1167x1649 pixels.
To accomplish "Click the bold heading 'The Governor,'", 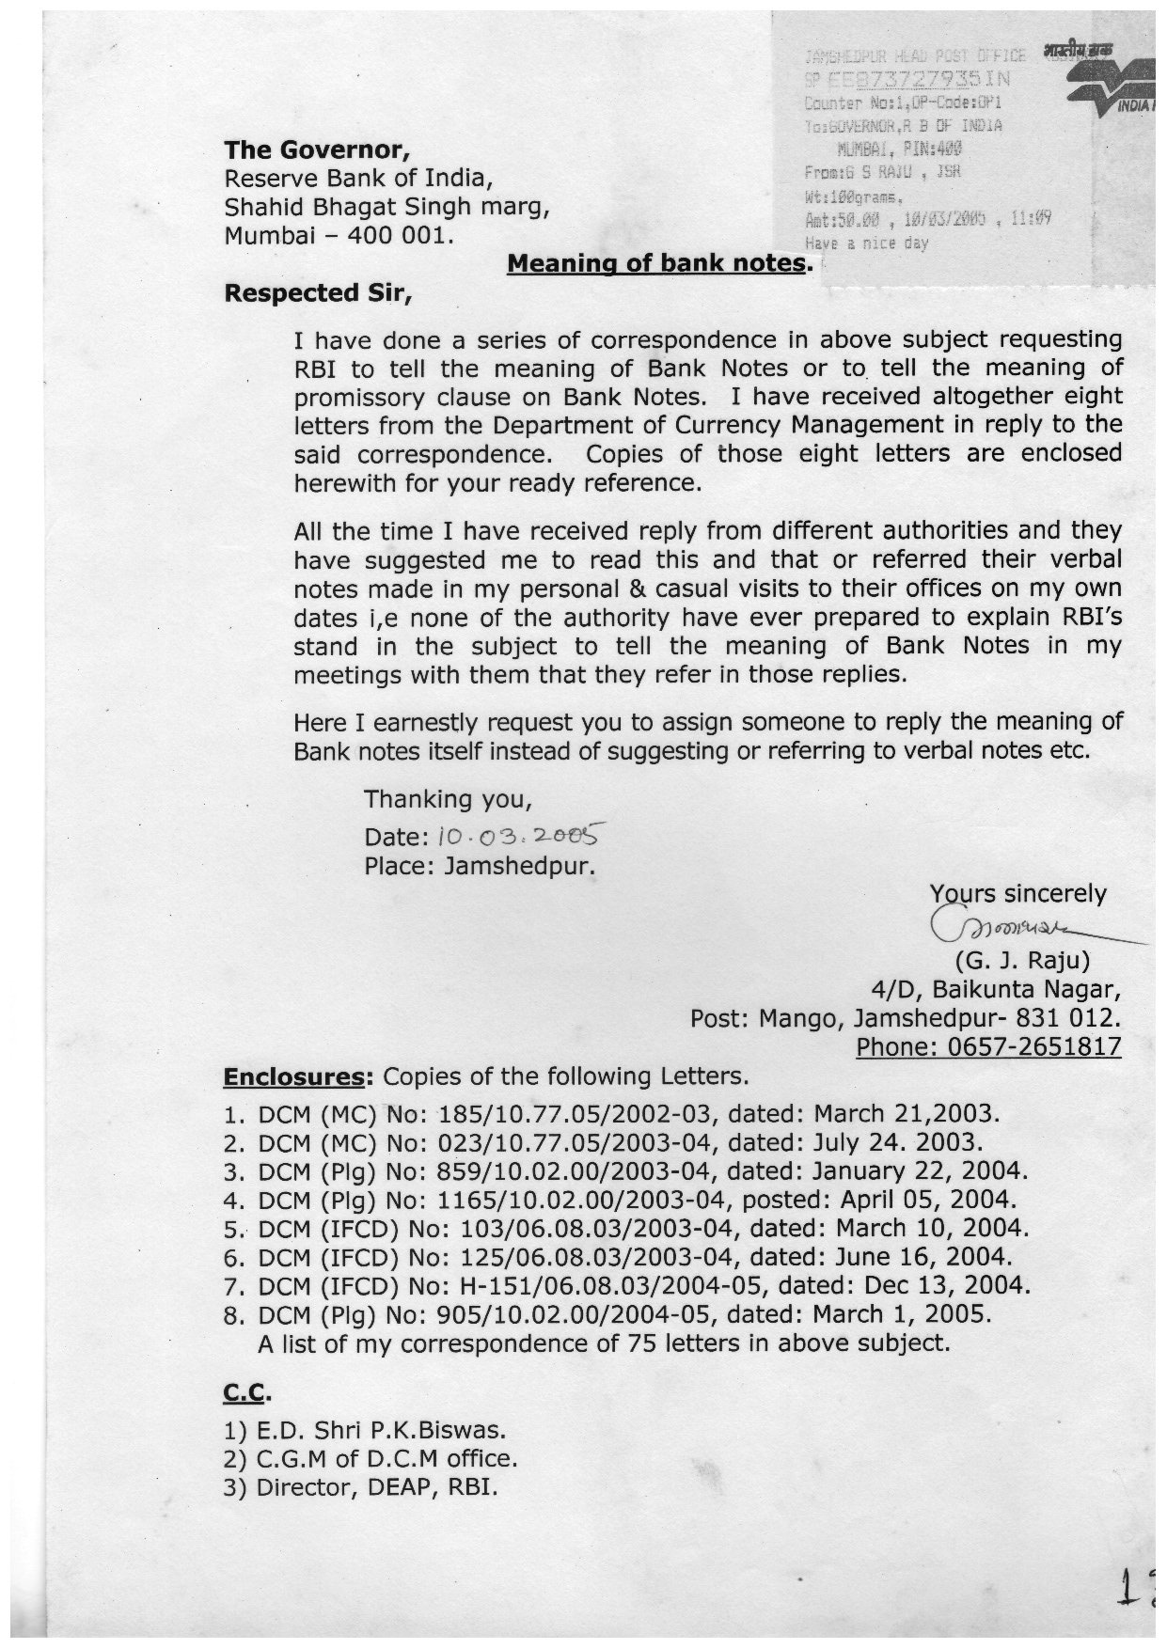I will coord(317,149).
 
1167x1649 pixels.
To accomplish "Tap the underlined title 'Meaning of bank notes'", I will coord(656,263).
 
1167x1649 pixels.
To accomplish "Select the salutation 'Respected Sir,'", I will coord(318,292).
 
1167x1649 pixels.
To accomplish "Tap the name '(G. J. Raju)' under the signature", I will coord(1022,961).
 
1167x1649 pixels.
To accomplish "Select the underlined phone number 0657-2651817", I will coord(988,1046).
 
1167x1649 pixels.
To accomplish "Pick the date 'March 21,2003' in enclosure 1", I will coord(904,1114).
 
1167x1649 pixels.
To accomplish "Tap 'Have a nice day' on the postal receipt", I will coord(866,243).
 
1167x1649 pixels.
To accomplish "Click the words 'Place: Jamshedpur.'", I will coord(481,865).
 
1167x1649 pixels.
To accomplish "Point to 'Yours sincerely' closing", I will coord(1017,893).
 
